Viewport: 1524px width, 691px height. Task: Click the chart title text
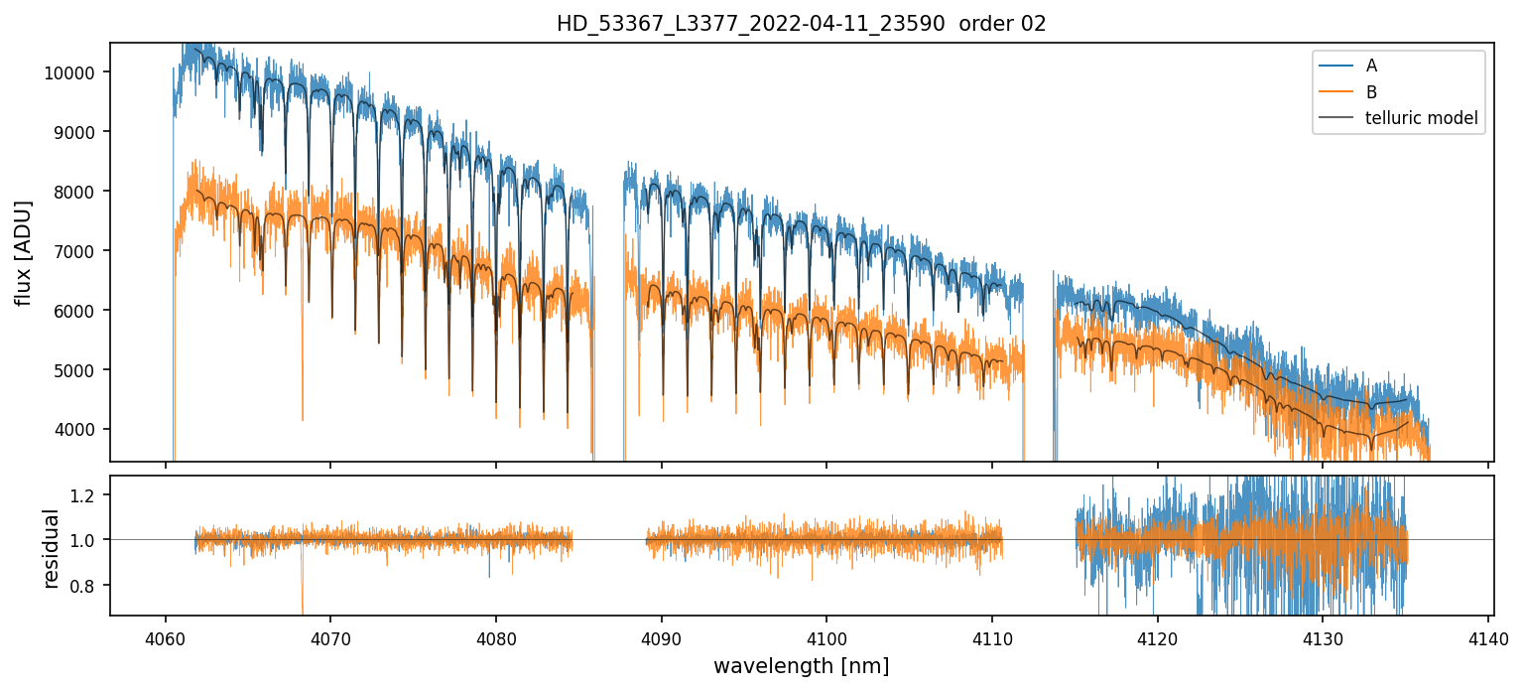(x=801, y=24)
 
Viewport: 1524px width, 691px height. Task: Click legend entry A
(x=1371, y=66)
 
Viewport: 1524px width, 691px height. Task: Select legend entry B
(x=1371, y=92)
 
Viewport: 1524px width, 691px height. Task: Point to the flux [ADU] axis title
(x=24, y=252)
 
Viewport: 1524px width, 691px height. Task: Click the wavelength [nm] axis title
(x=801, y=665)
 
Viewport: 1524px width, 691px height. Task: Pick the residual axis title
(x=52, y=547)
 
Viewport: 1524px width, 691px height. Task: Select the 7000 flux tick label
(x=79, y=251)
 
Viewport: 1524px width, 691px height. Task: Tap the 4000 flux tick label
(x=79, y=430)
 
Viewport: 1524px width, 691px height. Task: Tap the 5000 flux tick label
(x=79, y=370)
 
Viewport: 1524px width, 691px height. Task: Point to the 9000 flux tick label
(x=79, y=132)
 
